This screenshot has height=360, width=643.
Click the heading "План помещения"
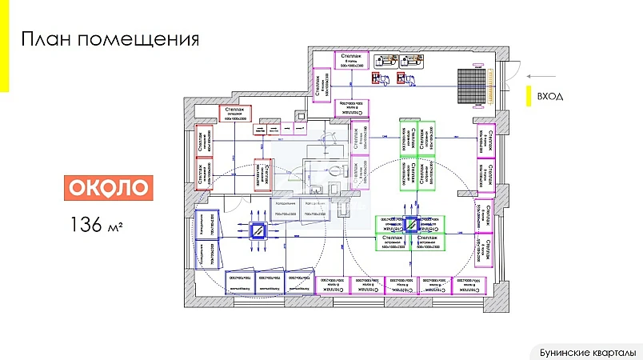click(109, 39)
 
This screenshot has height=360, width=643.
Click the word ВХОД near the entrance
click(550, 96)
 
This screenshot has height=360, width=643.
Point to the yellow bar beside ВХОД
click(529, 95)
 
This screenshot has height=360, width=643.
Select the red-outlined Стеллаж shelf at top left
click(235, 114)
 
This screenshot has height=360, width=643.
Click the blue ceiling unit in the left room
click(259, 230)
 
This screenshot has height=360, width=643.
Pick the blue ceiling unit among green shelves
click(410, 226)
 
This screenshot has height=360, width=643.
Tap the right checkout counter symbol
click(401, 78)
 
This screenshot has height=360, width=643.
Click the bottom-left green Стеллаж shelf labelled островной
click(393, 242)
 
